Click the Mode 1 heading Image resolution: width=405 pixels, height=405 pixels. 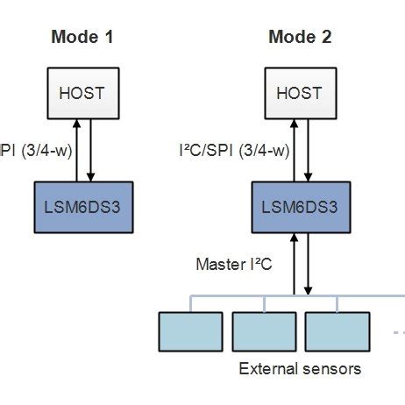(x=82, y=37)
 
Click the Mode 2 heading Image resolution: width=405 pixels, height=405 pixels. (x=300, y=37)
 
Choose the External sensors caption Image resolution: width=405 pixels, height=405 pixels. (x=300, y=368)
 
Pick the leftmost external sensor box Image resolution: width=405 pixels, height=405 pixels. (x=191, y=330)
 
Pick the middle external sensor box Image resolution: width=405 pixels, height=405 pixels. (x=264, y=330)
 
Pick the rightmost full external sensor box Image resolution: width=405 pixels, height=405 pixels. (x=337, y=330)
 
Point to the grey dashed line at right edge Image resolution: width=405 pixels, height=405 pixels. (x=398, y=332)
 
